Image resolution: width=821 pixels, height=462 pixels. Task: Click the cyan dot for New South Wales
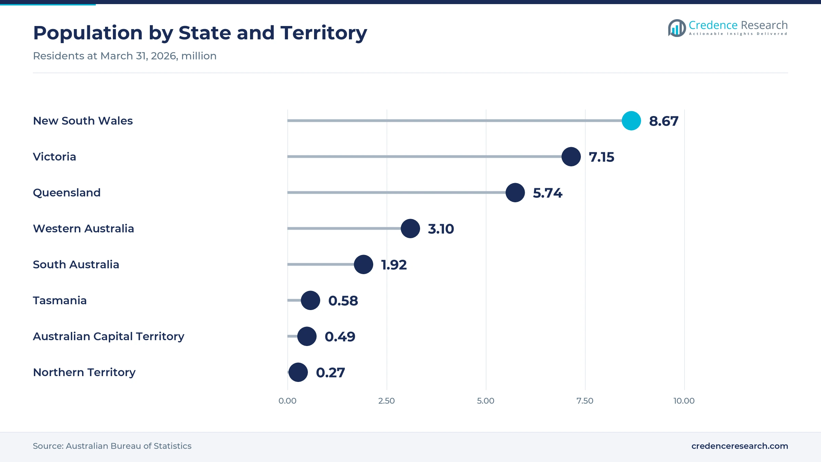click(631, 121)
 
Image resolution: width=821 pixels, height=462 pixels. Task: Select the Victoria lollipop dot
click(571, 157)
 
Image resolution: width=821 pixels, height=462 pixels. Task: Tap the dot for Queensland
click(515, 193)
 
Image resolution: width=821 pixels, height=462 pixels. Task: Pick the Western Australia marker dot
click(410, 229)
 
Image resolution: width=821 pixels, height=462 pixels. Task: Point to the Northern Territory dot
click(298, 372)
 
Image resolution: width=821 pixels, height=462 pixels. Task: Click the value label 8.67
click(664, 121)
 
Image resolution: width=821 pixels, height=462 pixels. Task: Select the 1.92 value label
click(394, 265)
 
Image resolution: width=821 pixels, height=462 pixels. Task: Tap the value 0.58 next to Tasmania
click(343, 301)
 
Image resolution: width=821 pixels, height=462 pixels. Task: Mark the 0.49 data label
click(340, 337)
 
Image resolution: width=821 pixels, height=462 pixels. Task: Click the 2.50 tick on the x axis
click(387, 401)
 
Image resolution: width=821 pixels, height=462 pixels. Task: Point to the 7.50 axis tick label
click(585, 401)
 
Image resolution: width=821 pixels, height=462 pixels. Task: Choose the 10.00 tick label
click(684, 401)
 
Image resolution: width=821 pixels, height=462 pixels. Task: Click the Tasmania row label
click(60, 300)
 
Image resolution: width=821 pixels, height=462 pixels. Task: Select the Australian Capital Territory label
click(108, 337)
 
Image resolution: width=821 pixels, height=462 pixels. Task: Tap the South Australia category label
click(76, 265)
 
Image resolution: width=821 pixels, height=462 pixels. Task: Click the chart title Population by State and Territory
click(200, 33)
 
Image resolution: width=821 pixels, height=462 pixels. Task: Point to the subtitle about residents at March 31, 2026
click(125, 56)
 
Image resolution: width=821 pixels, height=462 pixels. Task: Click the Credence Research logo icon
click(677, 28)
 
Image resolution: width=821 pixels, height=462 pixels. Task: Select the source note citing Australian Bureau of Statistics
click(112, 446)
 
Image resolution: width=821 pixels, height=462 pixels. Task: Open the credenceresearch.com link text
click(740, 446)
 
